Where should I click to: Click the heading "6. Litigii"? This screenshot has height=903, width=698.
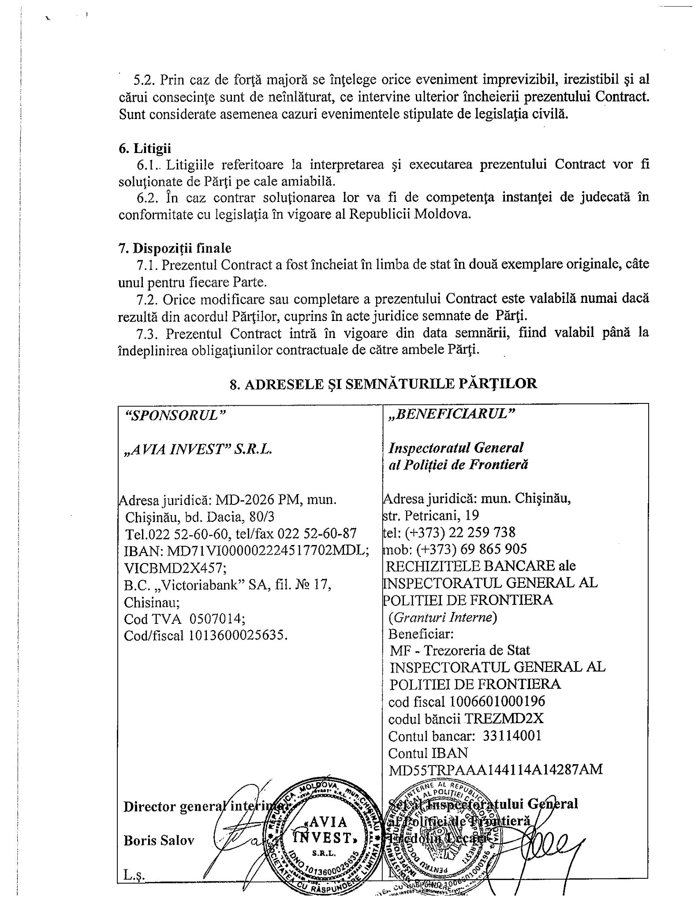pos(145,149)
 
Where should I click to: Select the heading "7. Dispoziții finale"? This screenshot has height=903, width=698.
pos(175,248)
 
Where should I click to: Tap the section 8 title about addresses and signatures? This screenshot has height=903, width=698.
pos(383,384)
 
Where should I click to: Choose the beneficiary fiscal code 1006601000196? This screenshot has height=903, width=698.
pos(498,701)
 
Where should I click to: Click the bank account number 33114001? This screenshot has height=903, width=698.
pos(512,735)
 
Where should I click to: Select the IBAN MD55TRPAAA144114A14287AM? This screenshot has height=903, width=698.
pos(495,769)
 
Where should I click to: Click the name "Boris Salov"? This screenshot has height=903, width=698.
pos(159,840)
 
